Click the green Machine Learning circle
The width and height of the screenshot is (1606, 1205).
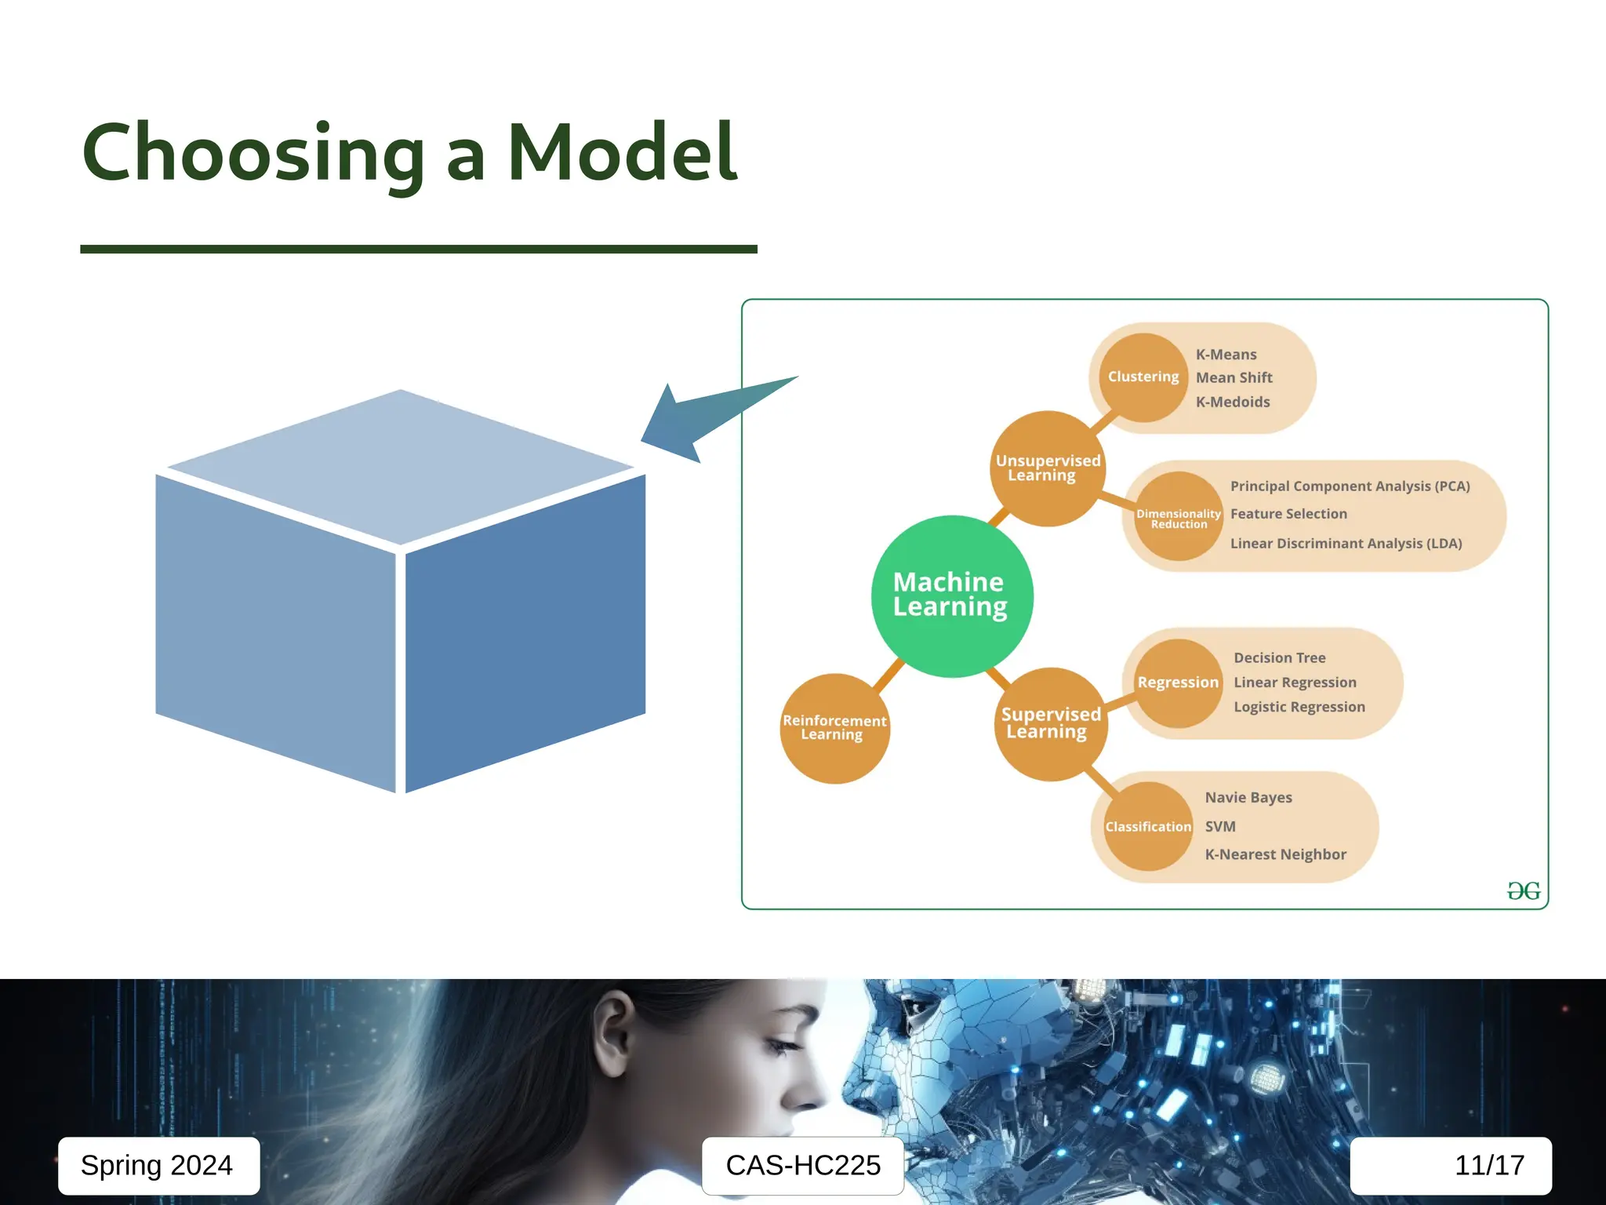951,596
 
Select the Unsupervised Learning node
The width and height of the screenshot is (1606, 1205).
1048,468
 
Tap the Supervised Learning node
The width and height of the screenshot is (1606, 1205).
1051,723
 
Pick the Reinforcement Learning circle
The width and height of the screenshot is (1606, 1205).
834,728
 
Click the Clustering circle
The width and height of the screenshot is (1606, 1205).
1143,377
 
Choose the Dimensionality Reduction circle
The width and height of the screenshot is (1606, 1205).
1178,517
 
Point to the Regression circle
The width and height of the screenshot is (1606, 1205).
1178,683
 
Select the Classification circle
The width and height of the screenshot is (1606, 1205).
1148,826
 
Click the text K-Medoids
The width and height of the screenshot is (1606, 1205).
1232,402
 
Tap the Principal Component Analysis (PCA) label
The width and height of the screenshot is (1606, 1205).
1350,486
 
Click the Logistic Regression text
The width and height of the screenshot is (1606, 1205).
1299,707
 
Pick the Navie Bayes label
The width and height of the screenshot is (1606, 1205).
1248,798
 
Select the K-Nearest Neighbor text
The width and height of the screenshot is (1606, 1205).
1275,854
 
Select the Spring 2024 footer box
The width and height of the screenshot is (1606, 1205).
158,1166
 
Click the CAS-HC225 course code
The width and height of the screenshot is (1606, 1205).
803,1166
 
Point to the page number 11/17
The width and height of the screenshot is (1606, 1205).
1488,1166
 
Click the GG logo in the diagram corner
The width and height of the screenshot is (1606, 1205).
1523,890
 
